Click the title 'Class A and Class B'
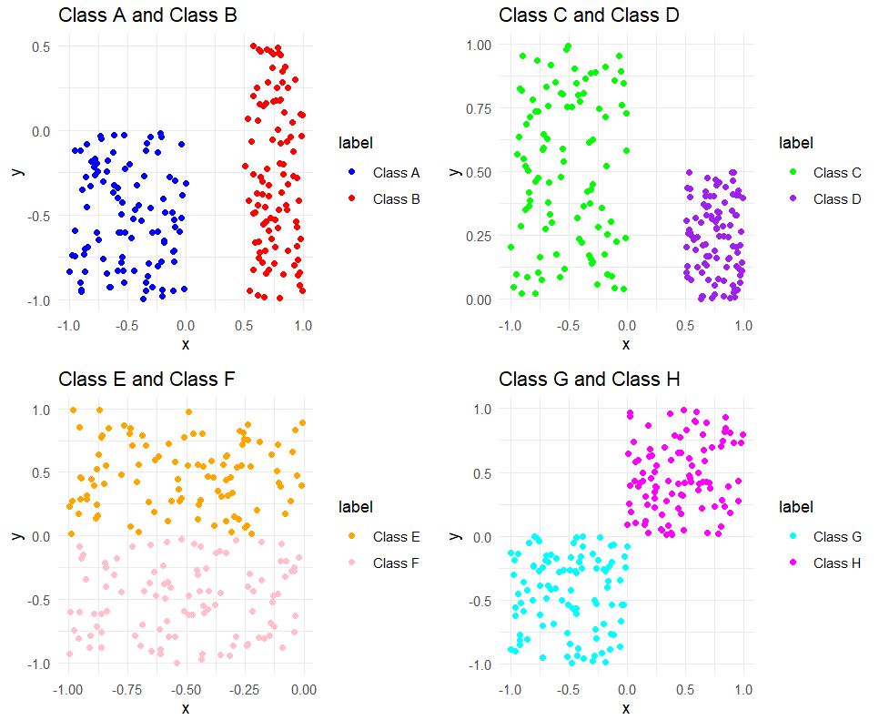click(147, 15)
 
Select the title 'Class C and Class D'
click(589, 15)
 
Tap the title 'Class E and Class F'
click(146, 379)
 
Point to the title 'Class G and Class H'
click(589, 379)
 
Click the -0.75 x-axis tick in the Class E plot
click(126, 690)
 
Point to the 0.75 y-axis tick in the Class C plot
click(477, 108)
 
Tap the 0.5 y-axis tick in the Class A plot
click(38, 46)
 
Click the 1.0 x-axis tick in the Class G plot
click(743, 690)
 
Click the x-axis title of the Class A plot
click(186, 344)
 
